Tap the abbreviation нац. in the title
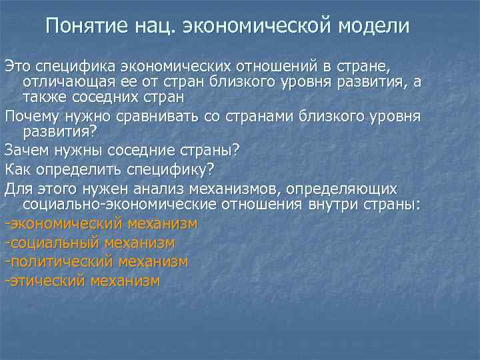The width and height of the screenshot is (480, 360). (x=157, y=26)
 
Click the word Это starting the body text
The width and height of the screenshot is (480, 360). (x=17, y=66)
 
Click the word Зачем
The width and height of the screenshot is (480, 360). (x=25, y=148)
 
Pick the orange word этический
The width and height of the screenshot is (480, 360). (x=47, y=281)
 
